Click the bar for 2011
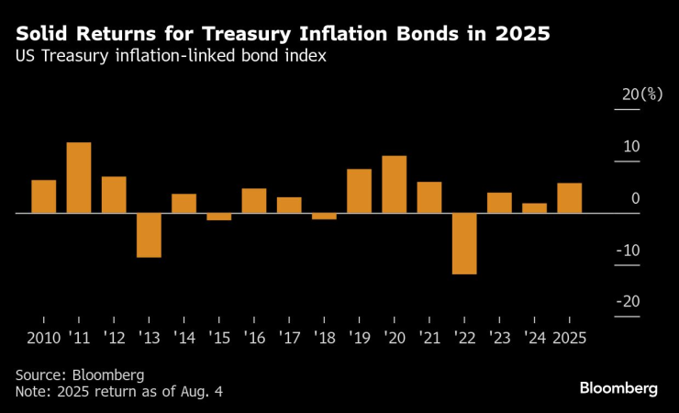pos(79,178)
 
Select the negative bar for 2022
pos(464,243)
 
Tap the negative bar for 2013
pos(149,235)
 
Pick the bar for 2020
pos(395,184)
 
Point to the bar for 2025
pos(569,198)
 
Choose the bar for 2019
pos(359,191)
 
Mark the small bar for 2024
pos(534,208)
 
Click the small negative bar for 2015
pos(219,217)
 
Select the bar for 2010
pos(44,196)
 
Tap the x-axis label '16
pos(253,338)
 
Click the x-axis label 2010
pos(44,338)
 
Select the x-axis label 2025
pos(569,338)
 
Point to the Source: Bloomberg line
pos(80,375)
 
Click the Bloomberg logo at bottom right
pos(618,388)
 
